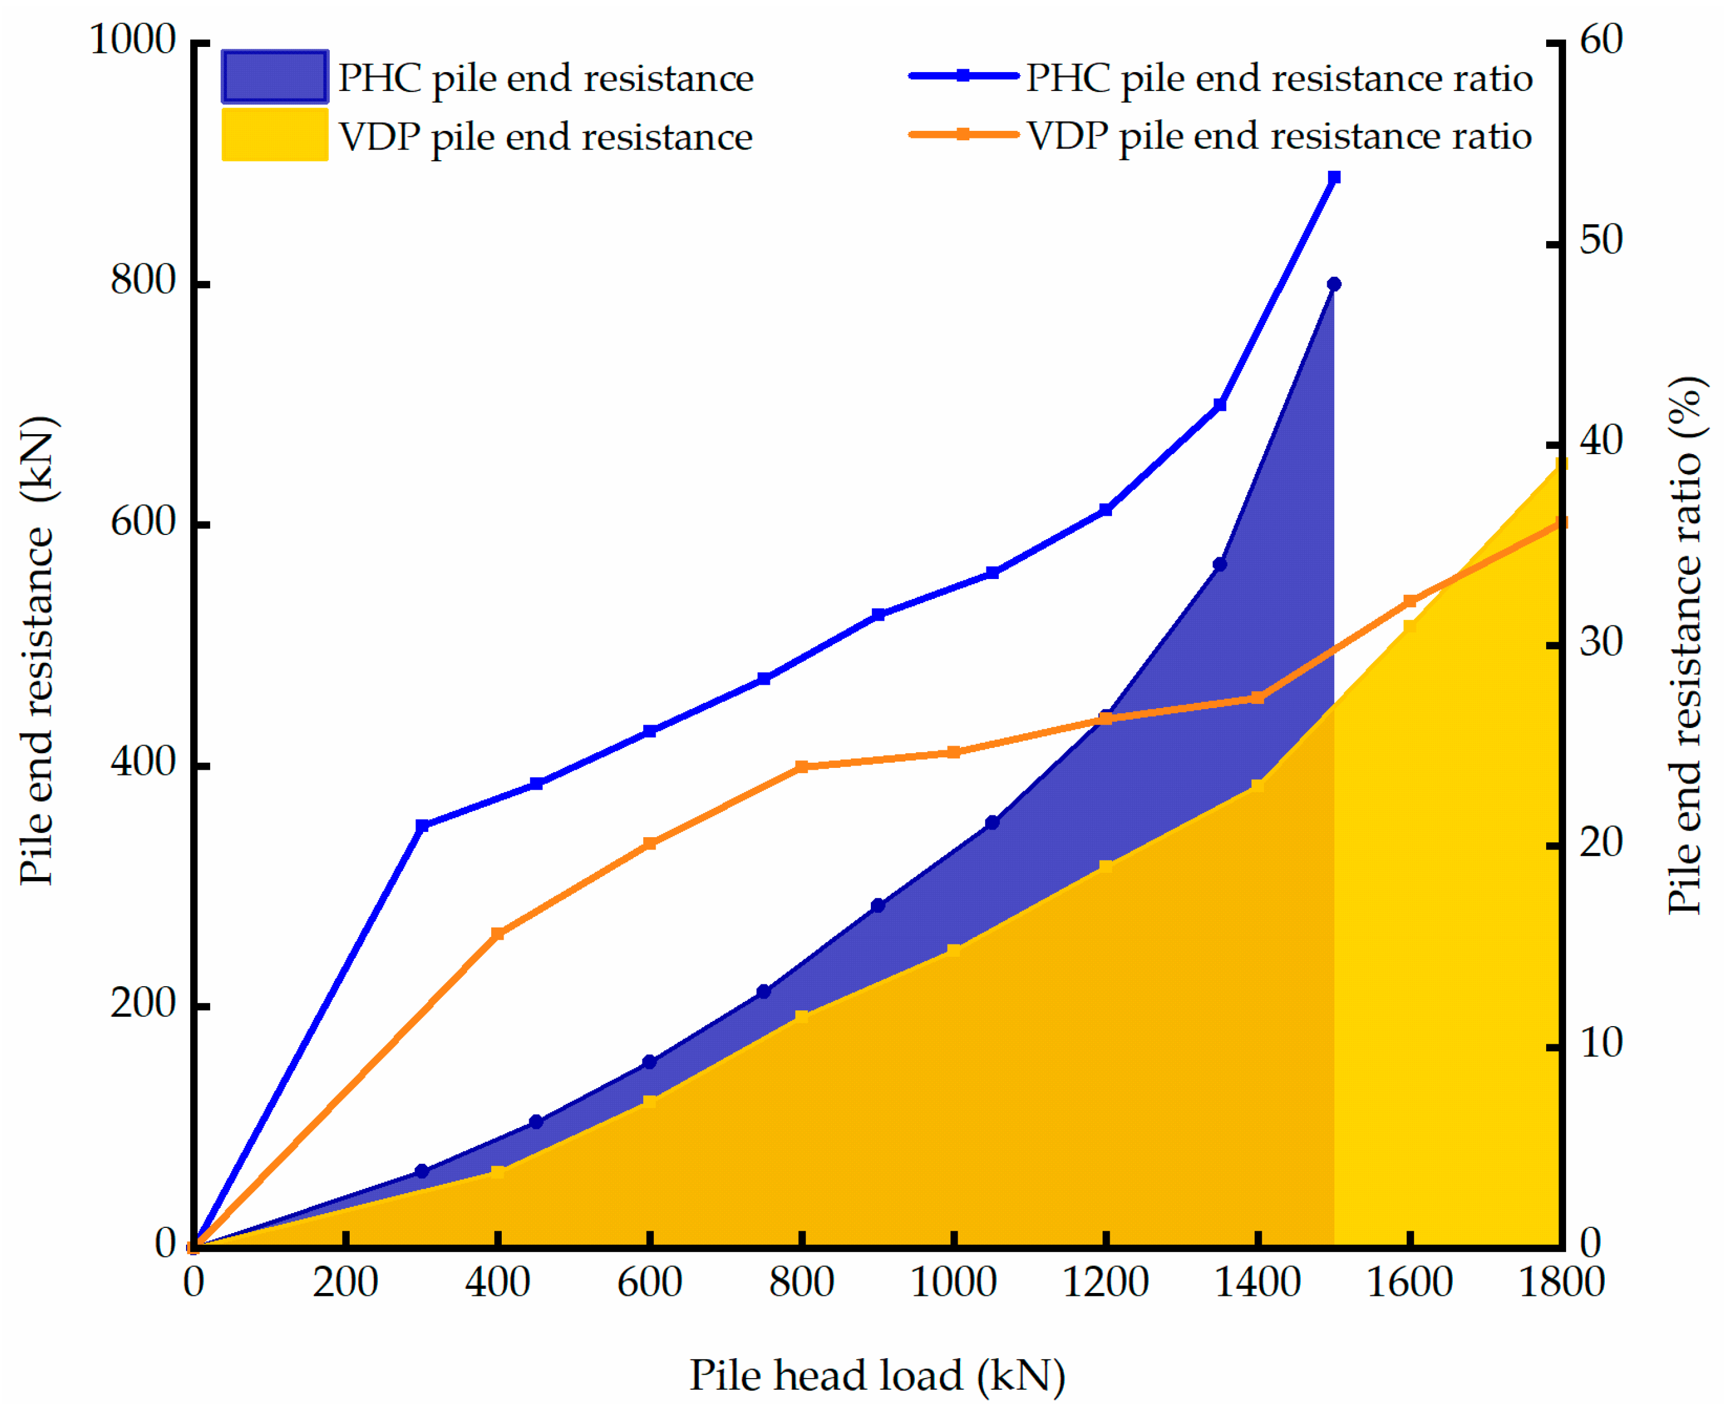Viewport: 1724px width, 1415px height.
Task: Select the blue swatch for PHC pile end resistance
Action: tap(275, 77)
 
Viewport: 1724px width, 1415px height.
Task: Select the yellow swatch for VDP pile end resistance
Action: tap(275, 134)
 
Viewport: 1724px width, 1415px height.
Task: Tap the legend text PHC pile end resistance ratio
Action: tap(1278, 77)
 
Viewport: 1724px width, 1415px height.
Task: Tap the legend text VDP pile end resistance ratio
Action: tap(1278, 136)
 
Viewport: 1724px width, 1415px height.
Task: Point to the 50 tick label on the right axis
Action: tap(1601, 241)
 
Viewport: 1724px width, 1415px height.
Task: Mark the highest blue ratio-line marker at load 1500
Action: tap(1334, 178)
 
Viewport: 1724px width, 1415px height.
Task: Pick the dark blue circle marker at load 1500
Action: tap(1334, 285)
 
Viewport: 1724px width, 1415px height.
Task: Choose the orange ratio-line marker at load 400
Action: tap(498, 934)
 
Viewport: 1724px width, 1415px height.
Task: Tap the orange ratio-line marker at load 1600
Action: tap(1409, 601)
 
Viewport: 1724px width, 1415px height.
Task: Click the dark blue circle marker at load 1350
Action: tap(1219, 564)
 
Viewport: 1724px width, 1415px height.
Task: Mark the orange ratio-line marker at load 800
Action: tap(802, 767)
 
